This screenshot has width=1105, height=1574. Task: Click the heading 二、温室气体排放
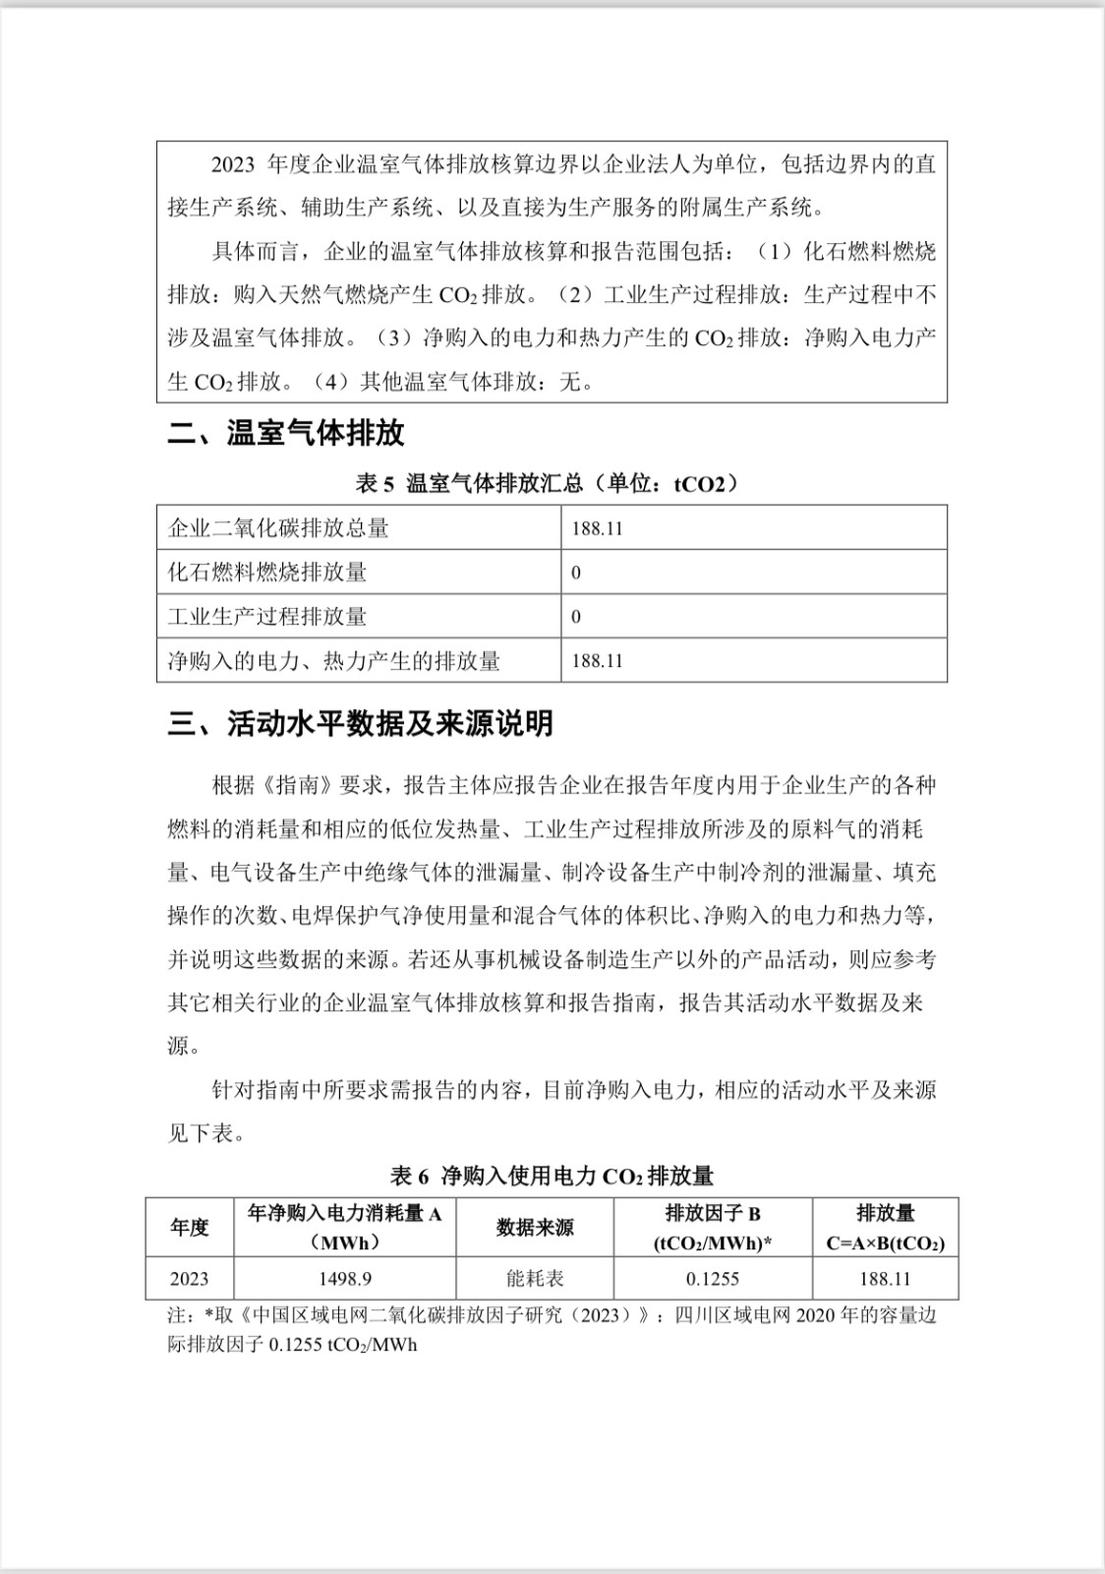(x=286, y=434)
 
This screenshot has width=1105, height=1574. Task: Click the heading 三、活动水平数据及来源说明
(x=360, y=724)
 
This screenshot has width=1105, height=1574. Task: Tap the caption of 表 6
(x=552, y=1176)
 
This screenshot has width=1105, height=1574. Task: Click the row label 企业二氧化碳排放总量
(x=279, y=528)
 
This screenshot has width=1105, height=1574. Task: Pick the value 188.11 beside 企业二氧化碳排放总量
(x=598, y=528)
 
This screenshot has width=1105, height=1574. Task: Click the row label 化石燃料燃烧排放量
(x=267, y=573)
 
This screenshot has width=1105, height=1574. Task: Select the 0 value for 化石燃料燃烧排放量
(x=576, y=573)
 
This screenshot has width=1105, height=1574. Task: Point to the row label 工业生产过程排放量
(x=267, y=617)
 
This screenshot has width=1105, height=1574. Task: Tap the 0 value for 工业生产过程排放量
(x=576, y=617)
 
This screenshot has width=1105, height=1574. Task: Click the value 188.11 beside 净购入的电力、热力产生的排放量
(x=598, y=661)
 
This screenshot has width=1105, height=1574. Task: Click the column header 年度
(x=190, y=1227)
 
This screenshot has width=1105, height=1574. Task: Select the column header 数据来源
(x=535, y=1227)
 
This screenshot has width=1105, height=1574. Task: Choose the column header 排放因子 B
(x=713, y=1214)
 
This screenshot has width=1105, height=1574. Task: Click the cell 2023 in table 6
(x=190, y=1279)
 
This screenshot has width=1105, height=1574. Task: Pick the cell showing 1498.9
(x=344, y=1279)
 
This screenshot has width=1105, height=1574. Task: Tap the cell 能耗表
(x=535, y=1279)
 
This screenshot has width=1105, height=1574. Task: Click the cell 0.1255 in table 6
(x=713, y=1279)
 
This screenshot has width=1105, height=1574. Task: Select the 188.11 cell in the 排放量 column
(x=885, y=1279)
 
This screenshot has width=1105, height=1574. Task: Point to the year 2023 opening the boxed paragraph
(x=233, y=164)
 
